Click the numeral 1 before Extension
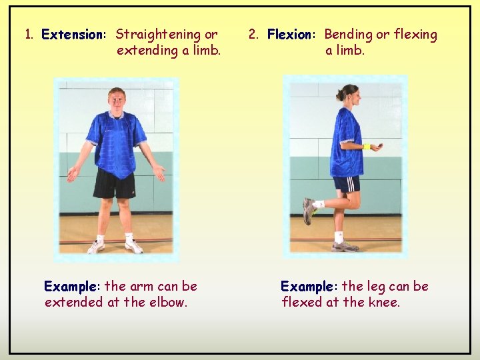29,35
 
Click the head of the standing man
117,100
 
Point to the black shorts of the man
114,183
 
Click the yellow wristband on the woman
366,147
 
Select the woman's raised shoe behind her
309,211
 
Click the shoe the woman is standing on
345,246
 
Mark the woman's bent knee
346,201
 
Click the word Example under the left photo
71,287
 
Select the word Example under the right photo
307,287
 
